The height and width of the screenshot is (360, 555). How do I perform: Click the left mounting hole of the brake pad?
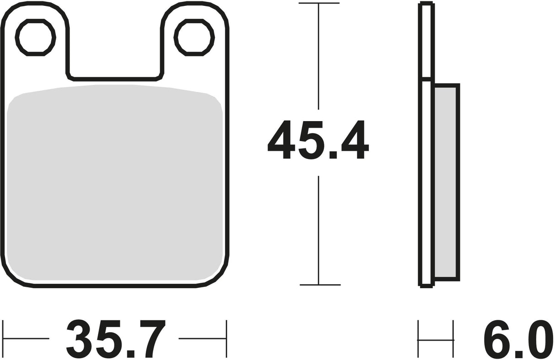click(x=35, y=37)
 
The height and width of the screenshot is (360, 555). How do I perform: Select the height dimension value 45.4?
click(x=318, y=140)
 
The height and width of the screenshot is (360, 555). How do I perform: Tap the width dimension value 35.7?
click(x=114, y=339)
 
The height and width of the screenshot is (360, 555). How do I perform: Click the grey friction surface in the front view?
click(x=114, y=183)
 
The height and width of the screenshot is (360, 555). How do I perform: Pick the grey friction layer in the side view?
click(x=446, y=183)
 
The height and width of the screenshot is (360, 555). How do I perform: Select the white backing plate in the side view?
click(x=426, y=183)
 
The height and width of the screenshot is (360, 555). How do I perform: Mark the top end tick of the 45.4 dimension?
click(x=319, y=3)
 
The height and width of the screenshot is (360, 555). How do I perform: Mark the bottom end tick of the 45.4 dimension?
click(x=319, y=285)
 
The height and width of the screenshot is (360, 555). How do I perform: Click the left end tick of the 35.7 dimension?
click(x=3, y=339)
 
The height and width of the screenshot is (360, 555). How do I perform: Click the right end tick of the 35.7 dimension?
click(x=226, y=339)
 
